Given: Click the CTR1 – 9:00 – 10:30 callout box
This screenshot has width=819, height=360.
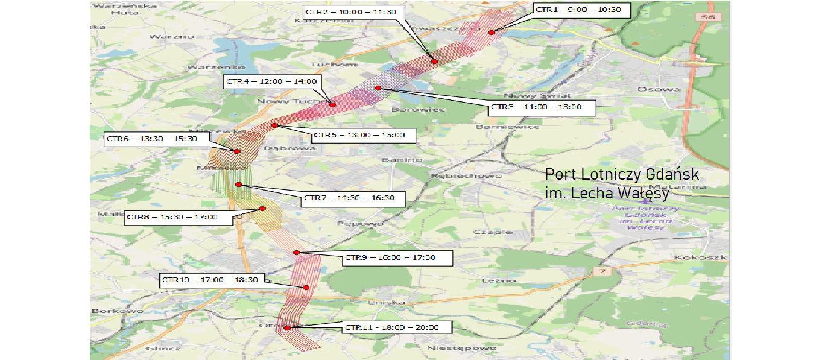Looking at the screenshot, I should (582, 10).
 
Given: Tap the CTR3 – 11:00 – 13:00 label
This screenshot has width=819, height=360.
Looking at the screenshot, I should (542, 107).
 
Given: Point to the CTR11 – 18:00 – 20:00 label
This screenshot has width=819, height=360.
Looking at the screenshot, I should (391, 328).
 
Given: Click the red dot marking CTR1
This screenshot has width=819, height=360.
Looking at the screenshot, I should (492, 33).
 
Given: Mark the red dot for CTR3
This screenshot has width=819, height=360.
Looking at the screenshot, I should (378, 89).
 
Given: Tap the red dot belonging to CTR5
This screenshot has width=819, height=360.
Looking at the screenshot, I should (274, 125).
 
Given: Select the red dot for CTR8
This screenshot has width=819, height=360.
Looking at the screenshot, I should (262, 209).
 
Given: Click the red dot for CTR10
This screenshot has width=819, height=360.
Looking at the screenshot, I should (306, 288).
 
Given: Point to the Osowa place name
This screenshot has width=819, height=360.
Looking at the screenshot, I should (659, 89).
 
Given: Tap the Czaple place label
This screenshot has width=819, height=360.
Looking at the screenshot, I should (493, 232).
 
